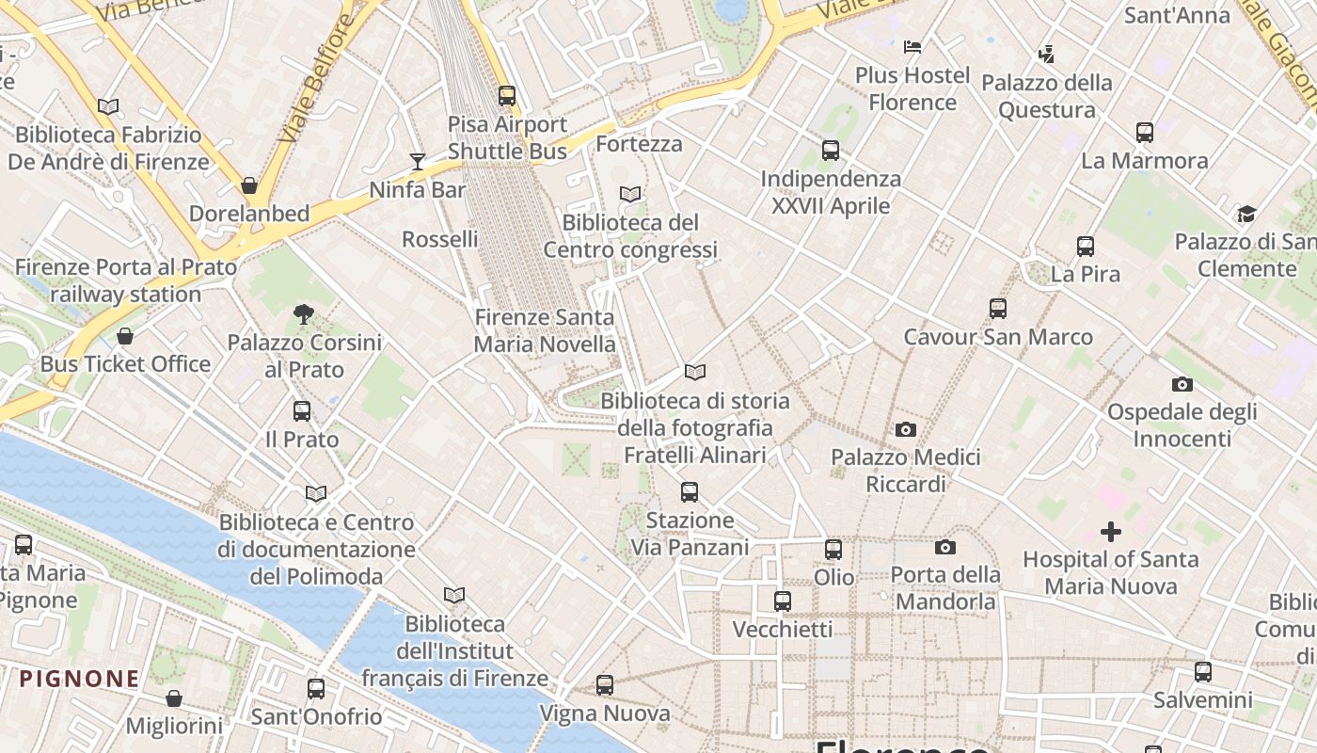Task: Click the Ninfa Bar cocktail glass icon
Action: [x=418, y=162]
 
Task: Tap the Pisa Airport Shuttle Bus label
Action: [x=507, y=137]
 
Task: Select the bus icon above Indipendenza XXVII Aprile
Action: [x=831, y=150]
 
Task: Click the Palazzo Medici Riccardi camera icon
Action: [x=906, y=429]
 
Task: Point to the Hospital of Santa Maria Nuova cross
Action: [x=1111, y=532]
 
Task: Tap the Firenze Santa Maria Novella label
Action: [x=545, y=331]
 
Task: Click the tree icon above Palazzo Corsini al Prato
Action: [x=303, y=314]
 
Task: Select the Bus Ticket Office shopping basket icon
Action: [x=125, y=336]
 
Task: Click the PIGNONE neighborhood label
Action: [x=80, y=679]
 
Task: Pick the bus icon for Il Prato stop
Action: [x=302, y=411]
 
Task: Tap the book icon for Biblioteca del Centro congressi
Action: [x=630, y=194]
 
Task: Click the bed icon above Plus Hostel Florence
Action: [x=912, y=46]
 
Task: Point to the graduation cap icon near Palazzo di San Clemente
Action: [x=1246, y=214]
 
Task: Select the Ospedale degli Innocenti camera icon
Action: [x=1182, y=384]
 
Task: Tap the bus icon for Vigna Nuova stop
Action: [x=605, y=685]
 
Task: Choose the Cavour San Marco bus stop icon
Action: [x=998, y=309]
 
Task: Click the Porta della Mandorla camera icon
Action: [x=945, y=547]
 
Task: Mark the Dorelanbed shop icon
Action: [x=249, y=185]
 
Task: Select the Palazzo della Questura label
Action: [x=1047, y=96]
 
